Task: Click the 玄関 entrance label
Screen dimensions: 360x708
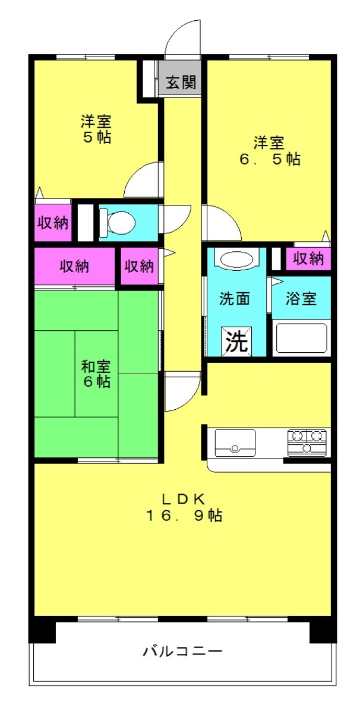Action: (181, 82)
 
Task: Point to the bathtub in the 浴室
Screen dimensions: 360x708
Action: (301, 338)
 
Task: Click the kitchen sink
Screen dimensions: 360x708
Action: (235, 442)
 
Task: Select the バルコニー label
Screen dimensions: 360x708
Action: (183, 650)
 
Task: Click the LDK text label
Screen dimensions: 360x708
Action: (184, 499)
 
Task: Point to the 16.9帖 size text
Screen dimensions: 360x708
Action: (184, 515)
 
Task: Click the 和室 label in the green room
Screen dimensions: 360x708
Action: (96, 365)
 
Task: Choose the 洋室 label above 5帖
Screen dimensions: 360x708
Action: (96, 121)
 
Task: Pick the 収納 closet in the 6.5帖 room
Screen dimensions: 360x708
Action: (308, 259)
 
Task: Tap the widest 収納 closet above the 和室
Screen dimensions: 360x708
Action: (75, 267)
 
